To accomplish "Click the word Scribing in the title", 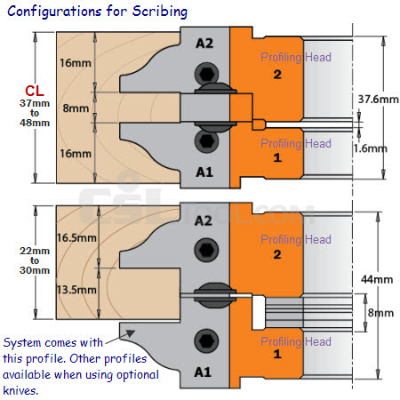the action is [160, 12].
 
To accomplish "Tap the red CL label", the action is [35, 91].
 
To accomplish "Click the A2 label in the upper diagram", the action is [204, 44].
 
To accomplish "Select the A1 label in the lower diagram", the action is [203, 372].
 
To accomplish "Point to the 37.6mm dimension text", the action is [379, 100].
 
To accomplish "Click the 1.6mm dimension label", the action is [370, 148].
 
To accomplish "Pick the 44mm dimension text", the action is [377, 279].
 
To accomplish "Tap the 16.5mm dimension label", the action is [76, 238].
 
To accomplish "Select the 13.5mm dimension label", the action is [76, 290].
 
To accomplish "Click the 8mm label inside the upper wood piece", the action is [76, 108].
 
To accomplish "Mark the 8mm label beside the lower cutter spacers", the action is [380, 313].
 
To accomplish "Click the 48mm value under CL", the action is [35, 123].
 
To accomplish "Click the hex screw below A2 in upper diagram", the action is [206, 74].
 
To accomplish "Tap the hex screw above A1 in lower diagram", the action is [206, 341].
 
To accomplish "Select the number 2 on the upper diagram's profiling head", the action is [277, 75].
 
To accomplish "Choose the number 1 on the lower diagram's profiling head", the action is [277, 354].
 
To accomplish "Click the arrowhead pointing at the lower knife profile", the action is [130, 333].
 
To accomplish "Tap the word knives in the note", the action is [20, 390].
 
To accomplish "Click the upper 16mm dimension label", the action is [76, 63].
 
